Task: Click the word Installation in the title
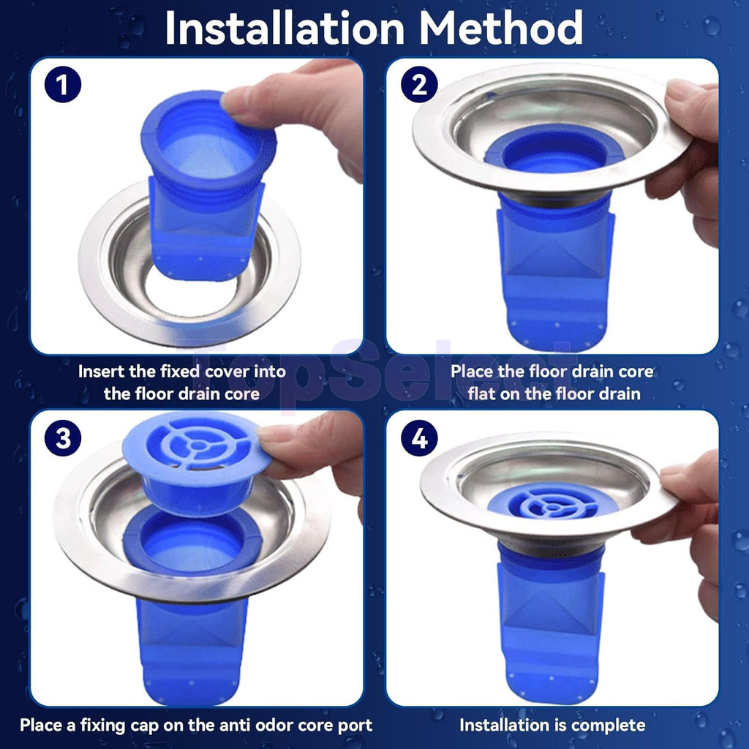tap(285, 28)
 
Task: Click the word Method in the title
tap(501, 28)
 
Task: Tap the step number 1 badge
tap(63, 85)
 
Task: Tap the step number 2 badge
tap(419, 85)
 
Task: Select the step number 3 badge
tap(63, 438)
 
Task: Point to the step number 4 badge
tap(419, 438)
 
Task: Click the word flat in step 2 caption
tap(483, 394)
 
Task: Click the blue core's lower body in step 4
tap(551, 631)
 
